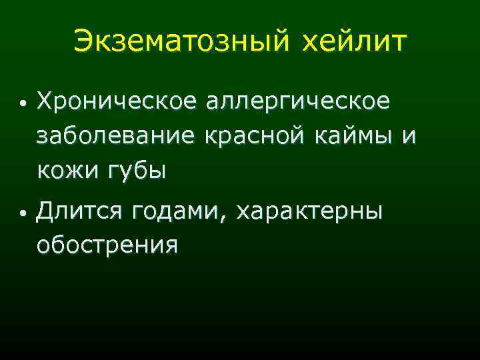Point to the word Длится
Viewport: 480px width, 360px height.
pyautogui.click(x=80, y=213)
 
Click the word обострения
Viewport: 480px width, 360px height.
pyautogui.click(x=107, y=246)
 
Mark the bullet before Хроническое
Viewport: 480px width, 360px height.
pyautogui.click(x=23, y=105)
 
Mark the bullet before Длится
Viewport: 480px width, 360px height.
pyautogui.click(x=23, y=214)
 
